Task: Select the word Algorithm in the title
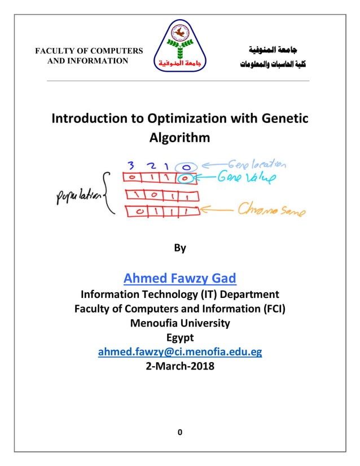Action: (x=179, y=137)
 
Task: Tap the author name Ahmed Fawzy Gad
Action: (x=179, y=278)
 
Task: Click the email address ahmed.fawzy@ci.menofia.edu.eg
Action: (x=179, y=352)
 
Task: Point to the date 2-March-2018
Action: (x=179, y=366)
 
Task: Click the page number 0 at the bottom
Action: (x=179, y=433)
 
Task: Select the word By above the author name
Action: (x=179, y=248)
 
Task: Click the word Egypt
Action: (x=179, y=337)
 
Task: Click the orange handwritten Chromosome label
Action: (x=271, y=212)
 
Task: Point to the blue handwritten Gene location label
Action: (x=256, y=165)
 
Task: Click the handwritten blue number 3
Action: (x=131, y=166)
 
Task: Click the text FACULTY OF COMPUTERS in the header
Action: (x=89, y=51)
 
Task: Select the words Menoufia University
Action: (x=179, y=323)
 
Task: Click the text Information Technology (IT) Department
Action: (x=179, y=294)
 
